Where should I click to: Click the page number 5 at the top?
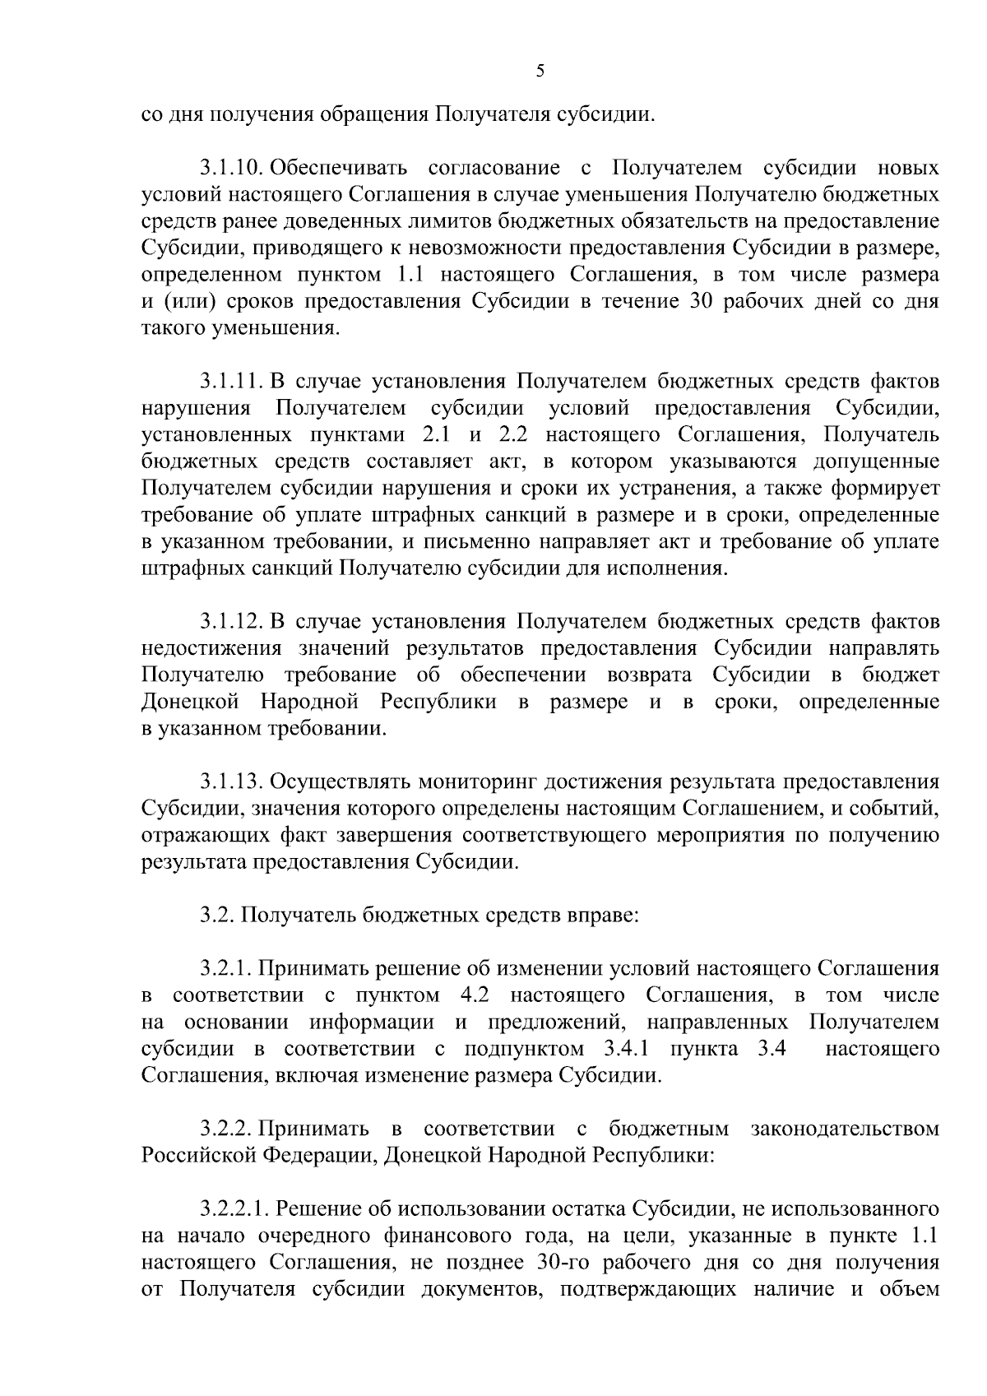point(540,72)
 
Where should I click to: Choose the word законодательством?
point(845,1129)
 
